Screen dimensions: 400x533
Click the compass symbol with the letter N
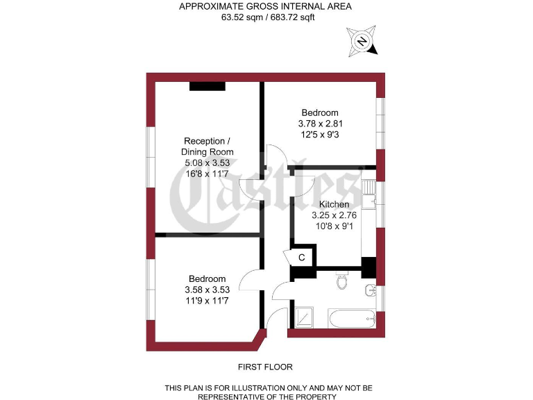(362, 42)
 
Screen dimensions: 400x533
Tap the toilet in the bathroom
(341, 281)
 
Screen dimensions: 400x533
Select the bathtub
(353, 320)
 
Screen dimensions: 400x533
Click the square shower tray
(305, 319)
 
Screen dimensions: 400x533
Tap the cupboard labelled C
(301, 257)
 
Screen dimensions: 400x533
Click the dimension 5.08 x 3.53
(207, 162)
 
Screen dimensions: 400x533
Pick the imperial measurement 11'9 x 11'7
(206, 300)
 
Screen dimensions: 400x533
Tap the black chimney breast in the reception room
(207, 86)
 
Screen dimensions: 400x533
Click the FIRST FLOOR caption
(265, 367)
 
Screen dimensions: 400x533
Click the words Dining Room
(207, 151)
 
